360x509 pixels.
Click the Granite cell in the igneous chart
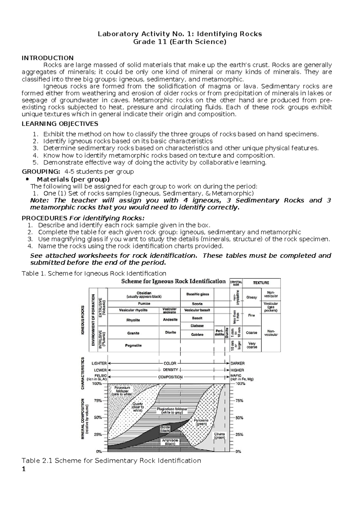point(133,333)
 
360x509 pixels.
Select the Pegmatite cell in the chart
point(133,345)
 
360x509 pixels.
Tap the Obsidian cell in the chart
point(144,294)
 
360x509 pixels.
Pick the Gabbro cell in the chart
point(197,334)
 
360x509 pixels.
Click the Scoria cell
point(197,304)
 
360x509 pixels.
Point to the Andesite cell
point(170,320)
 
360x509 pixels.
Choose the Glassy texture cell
point(251,297)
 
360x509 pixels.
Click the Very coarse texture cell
point(251,345)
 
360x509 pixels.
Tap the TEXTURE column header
point(261,283)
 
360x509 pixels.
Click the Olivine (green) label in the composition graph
point(219,436)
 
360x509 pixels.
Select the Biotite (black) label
point(165,429)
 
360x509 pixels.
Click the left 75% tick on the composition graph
point(97,400)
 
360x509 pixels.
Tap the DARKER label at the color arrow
point(237,363)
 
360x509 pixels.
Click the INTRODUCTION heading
point(47,58)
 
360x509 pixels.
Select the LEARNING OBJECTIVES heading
point(60,124)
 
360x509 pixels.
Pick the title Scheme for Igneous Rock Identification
point(173,281)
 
